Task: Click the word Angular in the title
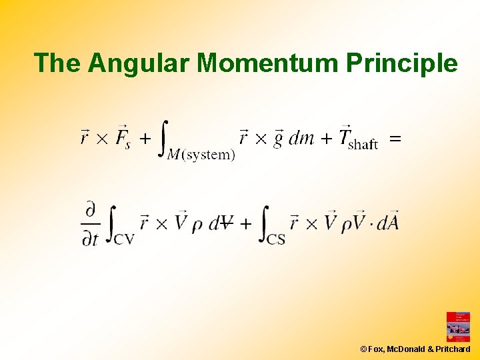pyautogui.click(x=140, y=63)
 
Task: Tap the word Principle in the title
pyautogui.click(x=401, y=63)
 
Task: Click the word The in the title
pyautogui.click(x=59, y=63)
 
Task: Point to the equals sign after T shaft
pyautogui.click(x=395, y=139)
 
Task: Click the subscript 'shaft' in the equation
pyautogui.click(x=363, y=144)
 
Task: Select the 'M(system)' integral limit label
pyautogui.click(x=200, y=155)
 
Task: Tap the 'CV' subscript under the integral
pyautogui.click(x=123, y=238)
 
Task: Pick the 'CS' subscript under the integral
pyautogui.click(x=276, y=238)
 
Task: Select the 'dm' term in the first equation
pyautogui.click(x=301, y=139)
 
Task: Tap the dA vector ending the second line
pyautogui.click(x=387, y=222)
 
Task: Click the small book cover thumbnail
pyautogui.click(x=458, y=327)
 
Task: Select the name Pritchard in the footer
pyautogui.click(x=453, y=349)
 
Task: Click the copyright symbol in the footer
pyautogui.click(x=363, y=349)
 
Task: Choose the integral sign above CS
pyautogui.click(x=265, y=221)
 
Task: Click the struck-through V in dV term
pyautogui.click(x=227, y=223)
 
